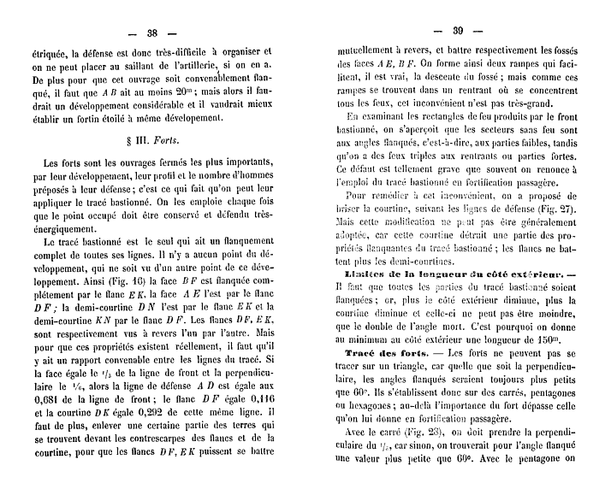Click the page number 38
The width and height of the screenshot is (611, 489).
coord(152,33)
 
